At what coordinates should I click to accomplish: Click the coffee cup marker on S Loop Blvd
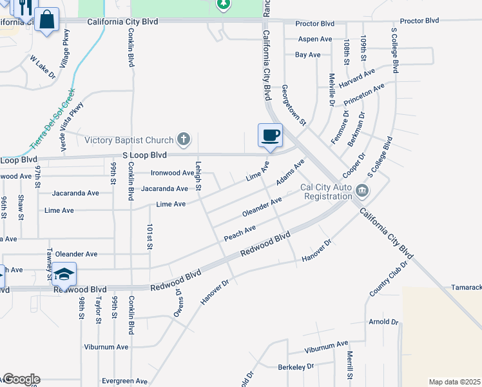270,136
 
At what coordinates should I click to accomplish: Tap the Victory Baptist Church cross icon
184,139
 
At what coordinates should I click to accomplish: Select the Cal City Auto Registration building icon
362,190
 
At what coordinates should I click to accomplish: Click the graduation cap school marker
64,275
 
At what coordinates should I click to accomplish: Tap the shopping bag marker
47,20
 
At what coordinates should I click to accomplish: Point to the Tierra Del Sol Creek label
53,116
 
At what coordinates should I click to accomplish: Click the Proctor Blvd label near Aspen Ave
314,24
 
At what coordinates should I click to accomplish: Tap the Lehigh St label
198,177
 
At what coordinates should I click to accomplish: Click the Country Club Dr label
390,279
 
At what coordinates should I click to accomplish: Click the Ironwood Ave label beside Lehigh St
172,173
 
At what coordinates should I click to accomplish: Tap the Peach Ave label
240,233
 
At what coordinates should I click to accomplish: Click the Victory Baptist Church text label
130,140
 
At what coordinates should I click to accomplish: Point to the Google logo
21,379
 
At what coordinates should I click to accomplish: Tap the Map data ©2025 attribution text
454,382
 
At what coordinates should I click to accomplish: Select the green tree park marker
223,5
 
